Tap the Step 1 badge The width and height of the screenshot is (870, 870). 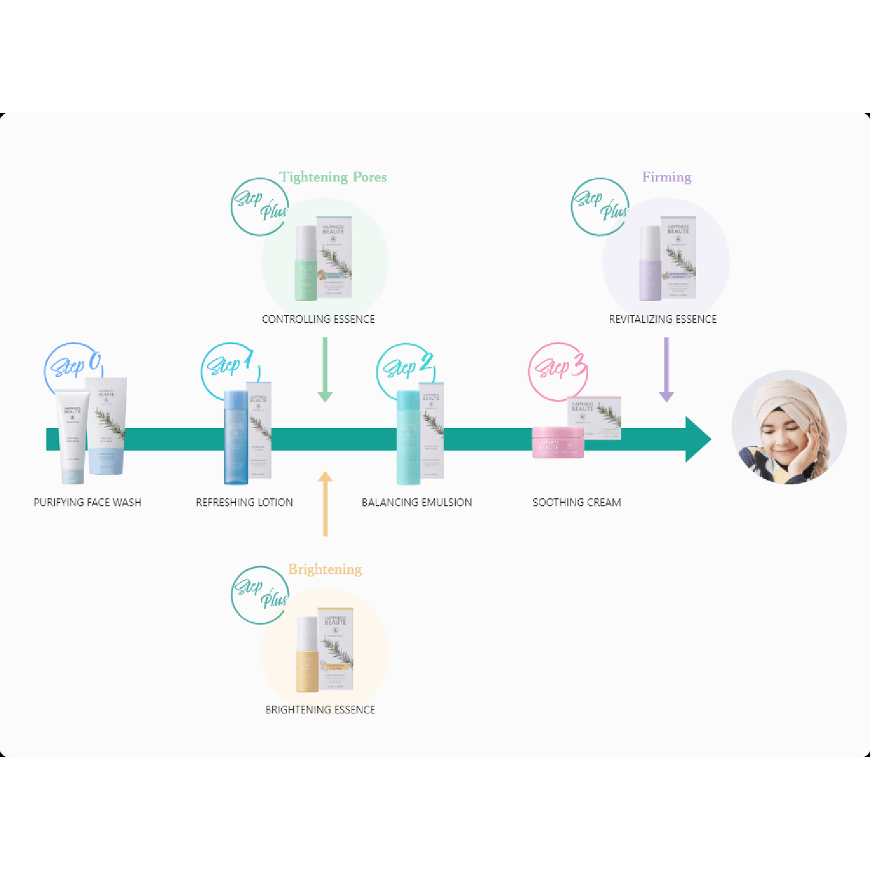click(x=229, y=365)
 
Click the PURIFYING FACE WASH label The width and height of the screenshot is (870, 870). click(x=87, y=502)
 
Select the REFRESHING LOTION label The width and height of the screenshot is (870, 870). click(x=244, y=502)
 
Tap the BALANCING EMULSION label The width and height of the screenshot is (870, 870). click(x=417, y=502)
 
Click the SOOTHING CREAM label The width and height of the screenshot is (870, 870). click(x=576, y=502)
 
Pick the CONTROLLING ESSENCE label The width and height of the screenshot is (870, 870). click(x=318, y=319)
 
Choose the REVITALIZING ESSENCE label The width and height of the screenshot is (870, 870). click(x=662, y=319)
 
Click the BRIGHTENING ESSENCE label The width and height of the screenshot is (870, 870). click(x=320, y=710)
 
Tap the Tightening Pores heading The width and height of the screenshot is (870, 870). click(x=333, y=177)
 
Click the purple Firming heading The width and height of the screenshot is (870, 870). click(x=666, y=177)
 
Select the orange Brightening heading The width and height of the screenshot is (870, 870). click(x=325, y=569)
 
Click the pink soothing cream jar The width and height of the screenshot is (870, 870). click(x=558, y=443)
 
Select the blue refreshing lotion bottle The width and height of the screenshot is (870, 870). click(x=236, y=437)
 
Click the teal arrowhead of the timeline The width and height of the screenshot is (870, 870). click(x=698, y=440)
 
